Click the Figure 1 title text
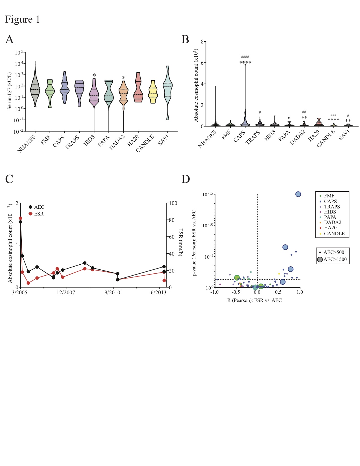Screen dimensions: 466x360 (x=23, y=19)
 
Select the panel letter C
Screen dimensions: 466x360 (x=9, y=179)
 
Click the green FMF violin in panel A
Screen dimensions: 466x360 (x=50, y=92)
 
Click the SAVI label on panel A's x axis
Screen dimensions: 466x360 (x=163, y=140)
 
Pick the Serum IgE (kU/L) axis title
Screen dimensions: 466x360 (x=10, y=91)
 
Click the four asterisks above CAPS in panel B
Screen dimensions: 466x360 (x=245, y=63)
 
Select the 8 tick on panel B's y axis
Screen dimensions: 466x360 (x=202, y=42)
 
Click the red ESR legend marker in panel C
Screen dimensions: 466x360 (x=30, y=214)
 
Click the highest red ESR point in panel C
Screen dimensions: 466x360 (x=20, y=218)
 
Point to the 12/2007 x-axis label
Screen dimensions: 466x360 (x=66, y=292)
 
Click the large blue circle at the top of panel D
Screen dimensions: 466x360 (x=298, y=194)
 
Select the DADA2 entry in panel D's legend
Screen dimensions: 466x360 (x=332, y=222)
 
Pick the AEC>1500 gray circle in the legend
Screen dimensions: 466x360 (x=320, y=260)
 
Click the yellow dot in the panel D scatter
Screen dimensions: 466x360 (x=279, y=274)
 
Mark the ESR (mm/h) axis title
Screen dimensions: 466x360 (x=181, y=242)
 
